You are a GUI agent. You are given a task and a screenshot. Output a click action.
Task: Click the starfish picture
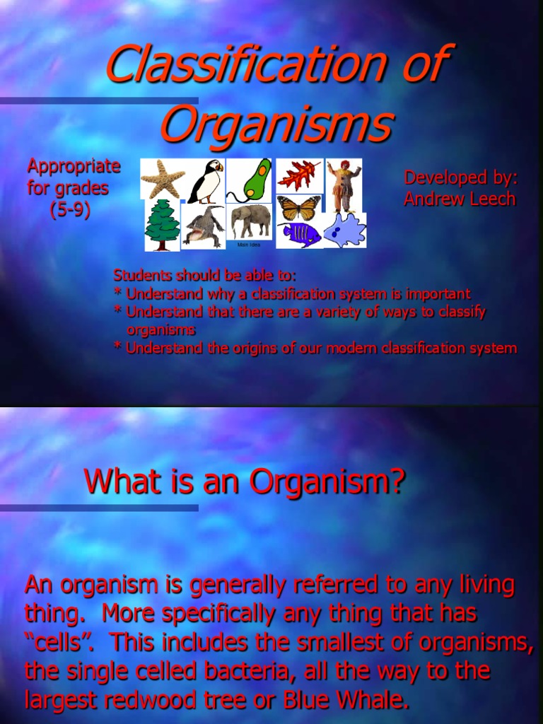click(x=163, y=178)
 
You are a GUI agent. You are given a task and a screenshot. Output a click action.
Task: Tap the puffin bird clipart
click(x=206, y=182)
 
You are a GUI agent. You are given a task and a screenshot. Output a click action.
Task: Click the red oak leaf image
click(x=298, y=175)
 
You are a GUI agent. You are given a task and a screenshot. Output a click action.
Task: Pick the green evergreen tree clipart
click(x=162, y=225)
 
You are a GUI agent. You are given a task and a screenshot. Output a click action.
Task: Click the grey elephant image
click(x=250, y=221)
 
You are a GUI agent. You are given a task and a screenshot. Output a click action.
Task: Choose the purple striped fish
click(x=299, y=234)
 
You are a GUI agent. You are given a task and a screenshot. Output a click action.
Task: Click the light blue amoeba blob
click(x=344, y=230)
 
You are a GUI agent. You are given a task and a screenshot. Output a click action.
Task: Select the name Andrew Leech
click(x=460, y=199)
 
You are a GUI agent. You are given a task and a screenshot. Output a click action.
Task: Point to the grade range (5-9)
click(x=70, y=210)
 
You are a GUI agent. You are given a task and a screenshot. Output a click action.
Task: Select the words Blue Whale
click(x=346, y=700)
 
